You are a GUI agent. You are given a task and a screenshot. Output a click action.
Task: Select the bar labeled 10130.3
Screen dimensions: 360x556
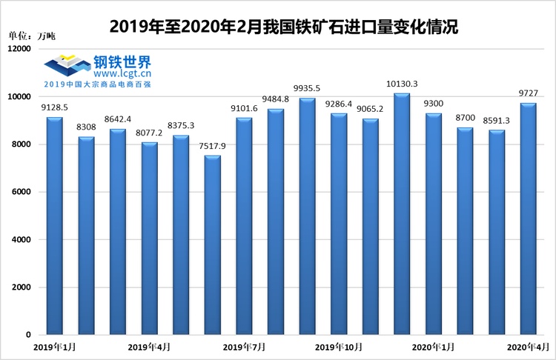pyautogui.click(x=402, y=214)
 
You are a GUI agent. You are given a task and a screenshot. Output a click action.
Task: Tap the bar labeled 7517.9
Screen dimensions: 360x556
pyautogui.click(x=212, y=245)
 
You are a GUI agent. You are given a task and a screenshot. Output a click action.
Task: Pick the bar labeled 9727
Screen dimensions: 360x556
pyautogui.click(x=528, y=219)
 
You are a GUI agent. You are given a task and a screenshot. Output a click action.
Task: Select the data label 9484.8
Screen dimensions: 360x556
pyautogui.click(x=276, y=99)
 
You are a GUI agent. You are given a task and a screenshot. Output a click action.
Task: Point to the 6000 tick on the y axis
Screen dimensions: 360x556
pyautogui.click(x=21, y=192)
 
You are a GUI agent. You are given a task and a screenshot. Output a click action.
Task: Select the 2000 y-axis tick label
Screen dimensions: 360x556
pyautogui.click(x=21, y=287)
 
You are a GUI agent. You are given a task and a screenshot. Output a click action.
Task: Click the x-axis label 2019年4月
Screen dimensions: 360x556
pyautogui.click(x=148, y=347)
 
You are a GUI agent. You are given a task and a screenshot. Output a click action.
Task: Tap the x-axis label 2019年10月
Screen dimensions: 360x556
pyautogui.click(x=338, y=347)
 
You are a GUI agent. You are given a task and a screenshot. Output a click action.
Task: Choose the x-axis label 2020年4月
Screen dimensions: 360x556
pyautogui.click(x=528, y=347)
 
